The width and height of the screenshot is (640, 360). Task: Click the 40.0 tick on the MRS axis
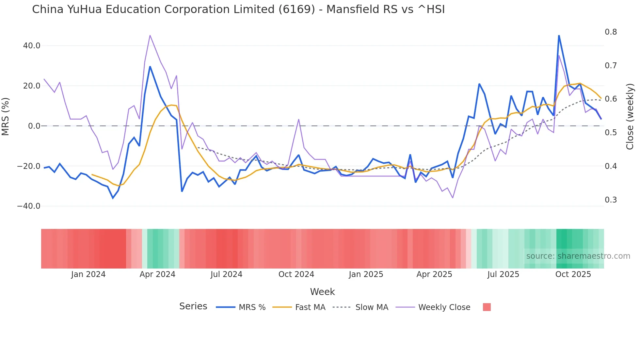click(31, 46)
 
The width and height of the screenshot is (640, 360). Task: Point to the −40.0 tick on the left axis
click(29, 206)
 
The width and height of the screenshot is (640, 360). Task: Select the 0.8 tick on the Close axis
click(611, 32)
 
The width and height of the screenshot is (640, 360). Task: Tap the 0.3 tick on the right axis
click(611, 200)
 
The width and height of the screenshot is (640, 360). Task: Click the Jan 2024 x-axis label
click(88, 274)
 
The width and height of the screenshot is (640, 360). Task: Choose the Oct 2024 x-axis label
click(296, 274)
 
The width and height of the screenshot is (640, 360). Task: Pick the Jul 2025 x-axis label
click(503, 274)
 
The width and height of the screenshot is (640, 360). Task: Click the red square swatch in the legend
click(487, 307)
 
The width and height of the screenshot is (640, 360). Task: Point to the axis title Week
click(322, 292)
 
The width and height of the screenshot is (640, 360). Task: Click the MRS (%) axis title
click(6, 116)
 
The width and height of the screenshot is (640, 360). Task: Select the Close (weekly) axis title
click(630, 117)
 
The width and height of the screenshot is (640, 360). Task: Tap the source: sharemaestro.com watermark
click(578, 256)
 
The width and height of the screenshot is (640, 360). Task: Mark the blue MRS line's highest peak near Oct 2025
click(559, 36)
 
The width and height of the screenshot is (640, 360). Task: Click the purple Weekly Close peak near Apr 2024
click(150, 35)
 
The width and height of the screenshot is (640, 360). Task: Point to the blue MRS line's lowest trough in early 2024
click(113, 198)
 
